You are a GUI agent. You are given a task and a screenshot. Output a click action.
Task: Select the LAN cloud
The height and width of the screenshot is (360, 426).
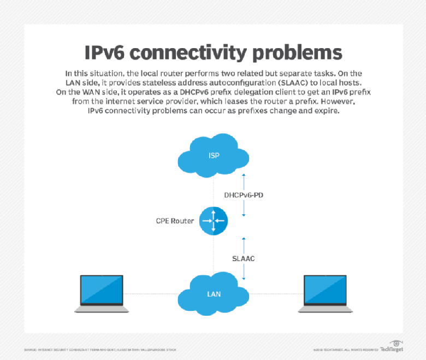tap(214, 293)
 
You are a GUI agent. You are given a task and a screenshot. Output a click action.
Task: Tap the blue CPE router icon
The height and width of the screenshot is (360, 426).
tap(213, 221)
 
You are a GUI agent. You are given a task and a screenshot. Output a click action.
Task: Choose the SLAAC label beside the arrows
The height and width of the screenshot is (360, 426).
tap(244, 258)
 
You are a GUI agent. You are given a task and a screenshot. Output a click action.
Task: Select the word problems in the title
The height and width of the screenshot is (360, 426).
tap(294, 53)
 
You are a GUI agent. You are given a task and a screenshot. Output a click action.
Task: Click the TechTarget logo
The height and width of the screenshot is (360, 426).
tap(392, 347)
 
